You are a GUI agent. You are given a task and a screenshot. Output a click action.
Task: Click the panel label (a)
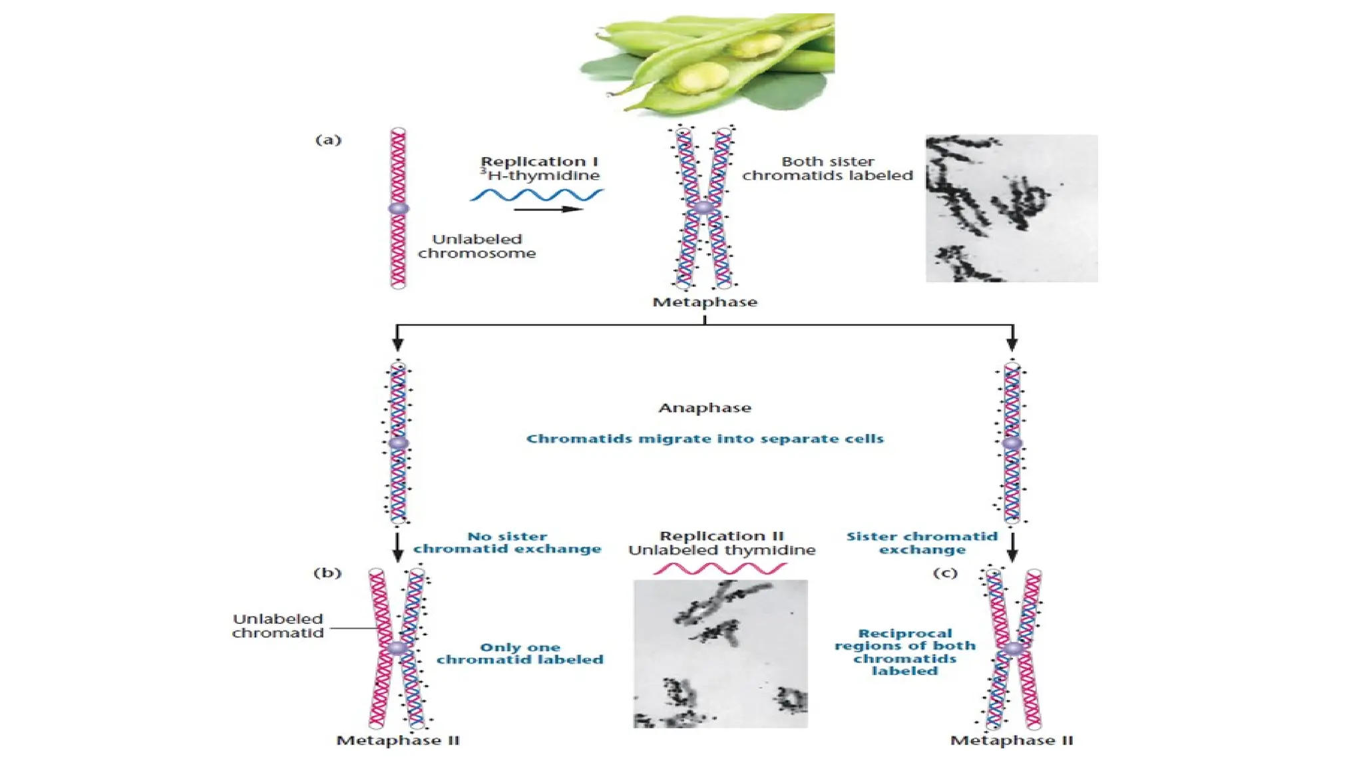tap(328, 140)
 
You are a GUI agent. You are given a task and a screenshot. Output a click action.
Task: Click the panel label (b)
tap(327, 573)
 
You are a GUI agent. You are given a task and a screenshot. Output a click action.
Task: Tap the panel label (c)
tap(945, 573)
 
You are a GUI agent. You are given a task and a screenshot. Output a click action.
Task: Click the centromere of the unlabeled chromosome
tap(398, 208)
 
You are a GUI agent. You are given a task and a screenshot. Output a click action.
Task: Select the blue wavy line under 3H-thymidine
tap(536, 194)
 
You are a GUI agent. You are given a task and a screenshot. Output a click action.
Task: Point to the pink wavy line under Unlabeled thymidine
tap(719, 569)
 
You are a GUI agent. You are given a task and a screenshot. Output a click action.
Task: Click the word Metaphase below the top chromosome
tap(705, 302)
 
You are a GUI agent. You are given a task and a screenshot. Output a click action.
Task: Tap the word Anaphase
tap(705, 407)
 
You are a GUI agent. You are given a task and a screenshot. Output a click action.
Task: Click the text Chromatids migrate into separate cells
tap(705, 439)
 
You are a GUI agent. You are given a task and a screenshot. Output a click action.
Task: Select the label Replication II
tap(721, 536)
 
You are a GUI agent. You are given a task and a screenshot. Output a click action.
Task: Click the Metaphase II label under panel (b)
tap(398, 740)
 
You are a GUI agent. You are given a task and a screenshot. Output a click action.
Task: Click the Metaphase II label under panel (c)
tap(1012, 740)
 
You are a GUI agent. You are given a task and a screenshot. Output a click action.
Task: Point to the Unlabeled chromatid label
tap(278, 626)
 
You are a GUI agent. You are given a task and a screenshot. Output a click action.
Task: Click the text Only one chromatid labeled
tap(520, 653)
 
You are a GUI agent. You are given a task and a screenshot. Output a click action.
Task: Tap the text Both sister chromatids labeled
tap(827, 168)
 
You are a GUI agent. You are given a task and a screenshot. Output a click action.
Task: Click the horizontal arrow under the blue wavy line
tap(548, 209)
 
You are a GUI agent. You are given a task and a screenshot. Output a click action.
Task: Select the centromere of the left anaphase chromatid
tap(398, 443)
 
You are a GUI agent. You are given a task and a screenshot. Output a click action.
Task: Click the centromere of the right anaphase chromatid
tap(1012, 443)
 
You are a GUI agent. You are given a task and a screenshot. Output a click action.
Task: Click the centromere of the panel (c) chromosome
tap(1013, 648)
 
